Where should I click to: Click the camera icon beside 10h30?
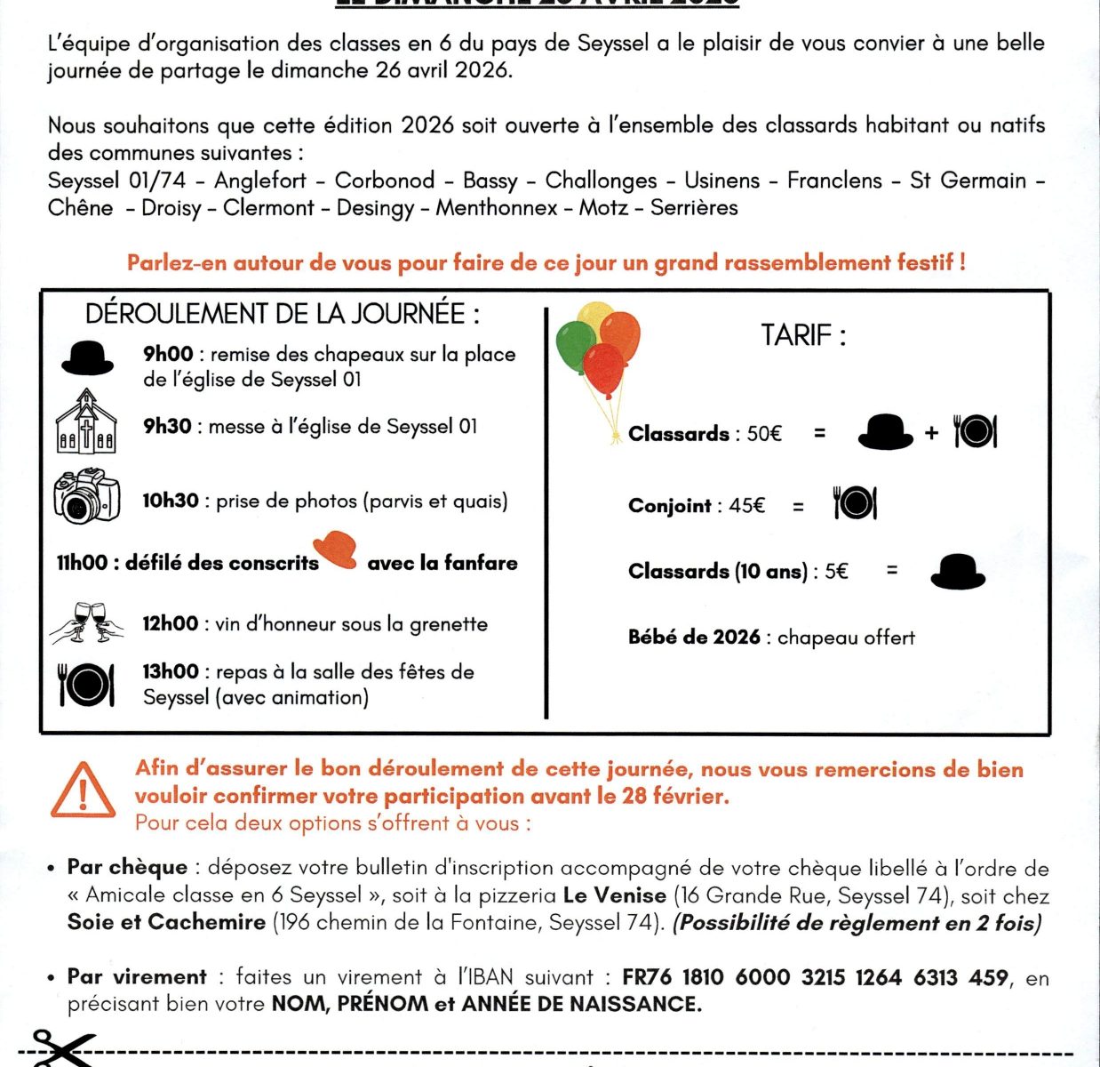86,496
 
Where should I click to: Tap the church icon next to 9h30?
85,422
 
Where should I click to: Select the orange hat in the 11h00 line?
335,550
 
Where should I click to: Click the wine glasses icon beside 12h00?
86,622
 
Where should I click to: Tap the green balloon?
575,345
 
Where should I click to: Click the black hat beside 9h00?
87,357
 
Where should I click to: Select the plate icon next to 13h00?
86,684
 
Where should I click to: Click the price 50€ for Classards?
764,434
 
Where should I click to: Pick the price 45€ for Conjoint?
746,506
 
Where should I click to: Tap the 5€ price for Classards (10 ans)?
836,571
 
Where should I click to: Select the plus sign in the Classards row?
931,433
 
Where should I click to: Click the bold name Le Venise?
614,895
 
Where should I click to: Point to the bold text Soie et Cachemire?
166,922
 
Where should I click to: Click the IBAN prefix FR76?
646,977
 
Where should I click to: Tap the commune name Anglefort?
260,181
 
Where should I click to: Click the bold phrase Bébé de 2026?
694,637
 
